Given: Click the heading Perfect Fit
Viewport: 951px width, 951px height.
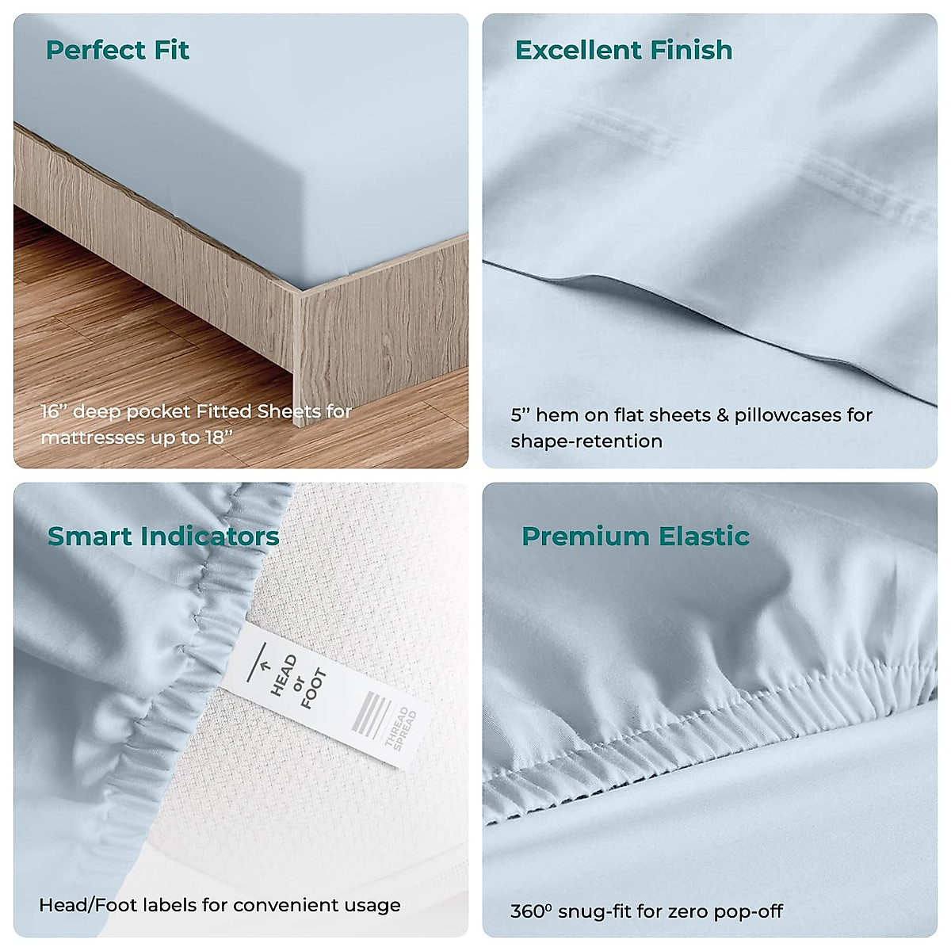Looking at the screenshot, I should coord(117,50).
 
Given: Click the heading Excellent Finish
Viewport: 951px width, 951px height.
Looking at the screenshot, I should coord(624,50).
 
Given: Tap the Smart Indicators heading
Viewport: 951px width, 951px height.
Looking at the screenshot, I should coord(163,537).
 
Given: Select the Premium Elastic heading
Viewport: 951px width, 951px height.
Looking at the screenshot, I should coord(636,537).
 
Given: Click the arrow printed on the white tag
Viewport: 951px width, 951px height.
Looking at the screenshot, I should coord(265,667).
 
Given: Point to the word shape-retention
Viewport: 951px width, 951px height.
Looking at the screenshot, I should coord(586,441).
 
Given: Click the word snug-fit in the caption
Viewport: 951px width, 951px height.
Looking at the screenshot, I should coord(595,911).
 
